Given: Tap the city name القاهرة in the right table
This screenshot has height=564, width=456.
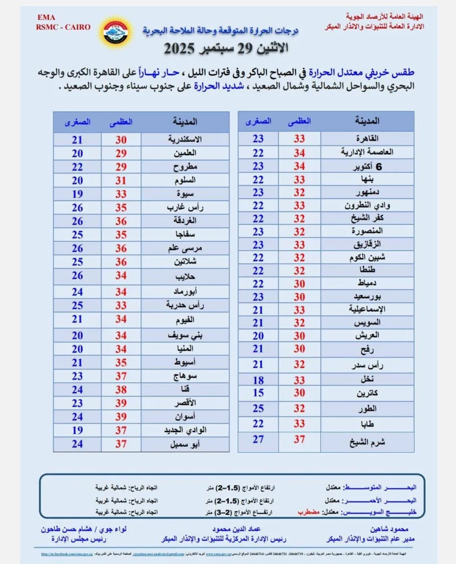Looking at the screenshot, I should [x=368, y=138].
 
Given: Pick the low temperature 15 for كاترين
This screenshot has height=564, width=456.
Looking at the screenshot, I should [x=258, y=393].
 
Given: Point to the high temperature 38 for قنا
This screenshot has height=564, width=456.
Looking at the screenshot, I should [x=121, y=389].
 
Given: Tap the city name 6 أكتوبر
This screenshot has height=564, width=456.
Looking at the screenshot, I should [x=368, y=166].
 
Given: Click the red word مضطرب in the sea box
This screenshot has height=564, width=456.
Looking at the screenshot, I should [x=309, y=512].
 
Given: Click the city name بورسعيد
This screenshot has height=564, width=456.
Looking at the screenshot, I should [x=368, y=296].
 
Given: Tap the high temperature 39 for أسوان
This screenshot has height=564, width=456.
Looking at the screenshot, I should [x=121, y=416].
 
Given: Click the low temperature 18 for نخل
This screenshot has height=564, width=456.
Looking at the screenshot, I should [x=258, y=379].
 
